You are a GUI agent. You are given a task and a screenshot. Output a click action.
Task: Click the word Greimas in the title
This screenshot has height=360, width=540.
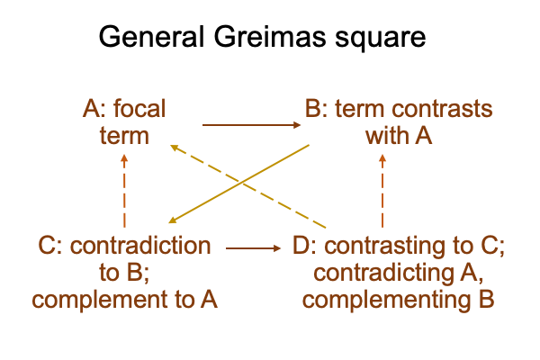[x=270, y=36]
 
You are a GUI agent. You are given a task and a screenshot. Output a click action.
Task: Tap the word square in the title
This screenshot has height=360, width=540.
[x=380, y=39]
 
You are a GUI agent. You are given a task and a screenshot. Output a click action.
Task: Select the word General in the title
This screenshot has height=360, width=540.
[x=151, y=36]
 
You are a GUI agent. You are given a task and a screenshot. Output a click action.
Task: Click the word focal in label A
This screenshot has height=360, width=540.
[x=139, y=109]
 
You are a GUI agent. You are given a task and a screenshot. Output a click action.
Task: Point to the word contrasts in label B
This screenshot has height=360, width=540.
[x=442, y=109]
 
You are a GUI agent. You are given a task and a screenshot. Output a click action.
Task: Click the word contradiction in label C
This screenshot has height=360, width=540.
[x=140, y=246]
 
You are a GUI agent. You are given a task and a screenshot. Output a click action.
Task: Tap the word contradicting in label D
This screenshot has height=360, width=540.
[x=383, y=274]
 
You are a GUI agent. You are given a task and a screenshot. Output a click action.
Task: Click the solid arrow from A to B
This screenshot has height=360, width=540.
[x=251, y=125]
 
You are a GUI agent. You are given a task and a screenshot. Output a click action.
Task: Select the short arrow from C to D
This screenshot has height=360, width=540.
[x=253, y=248]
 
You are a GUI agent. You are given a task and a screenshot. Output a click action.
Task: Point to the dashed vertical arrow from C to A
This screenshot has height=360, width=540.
[x=124, y=191]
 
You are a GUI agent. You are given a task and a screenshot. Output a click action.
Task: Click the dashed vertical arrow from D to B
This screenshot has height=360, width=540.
[x=382, y=191]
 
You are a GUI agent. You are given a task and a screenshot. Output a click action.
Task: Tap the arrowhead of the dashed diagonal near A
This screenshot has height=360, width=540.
[x=175, y=148]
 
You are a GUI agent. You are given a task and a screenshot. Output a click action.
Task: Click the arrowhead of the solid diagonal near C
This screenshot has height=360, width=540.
[x=173, y=220]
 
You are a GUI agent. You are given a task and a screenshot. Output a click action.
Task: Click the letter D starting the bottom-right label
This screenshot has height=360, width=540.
[x=300, y=246]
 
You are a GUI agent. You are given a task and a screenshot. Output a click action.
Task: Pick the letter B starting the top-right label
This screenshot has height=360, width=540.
[x=312, y=109]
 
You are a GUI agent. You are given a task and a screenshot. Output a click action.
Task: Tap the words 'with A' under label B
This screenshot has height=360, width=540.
[x=399, y=136]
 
